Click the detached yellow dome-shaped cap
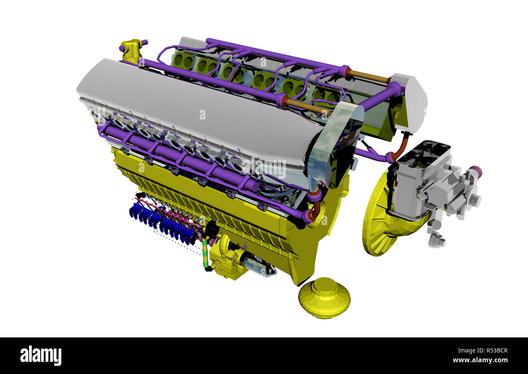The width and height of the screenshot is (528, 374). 324,298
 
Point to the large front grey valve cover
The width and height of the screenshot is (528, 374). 199,110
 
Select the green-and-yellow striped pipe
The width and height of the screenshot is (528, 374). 205,254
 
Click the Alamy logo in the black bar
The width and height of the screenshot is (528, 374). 41,356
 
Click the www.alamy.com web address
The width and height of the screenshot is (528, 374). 479,360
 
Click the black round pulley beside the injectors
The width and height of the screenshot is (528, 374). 211,230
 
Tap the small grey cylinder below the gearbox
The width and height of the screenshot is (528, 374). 436,241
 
